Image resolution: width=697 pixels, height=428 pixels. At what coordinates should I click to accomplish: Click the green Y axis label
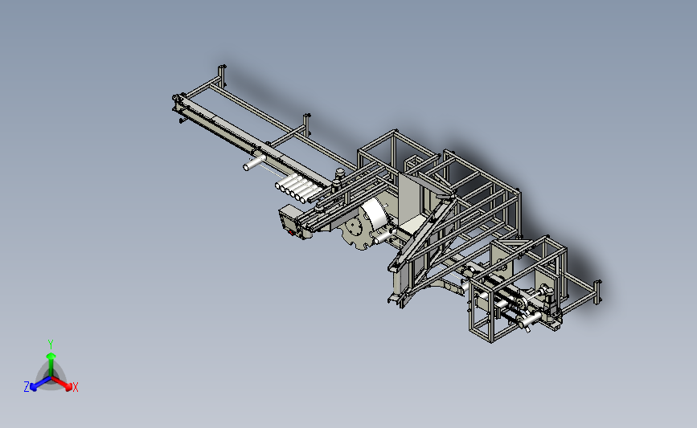50,343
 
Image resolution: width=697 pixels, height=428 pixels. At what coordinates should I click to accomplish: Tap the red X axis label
75,387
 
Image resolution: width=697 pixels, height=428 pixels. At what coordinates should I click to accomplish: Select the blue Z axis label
27,387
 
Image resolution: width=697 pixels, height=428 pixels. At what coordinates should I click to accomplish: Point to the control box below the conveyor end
293,221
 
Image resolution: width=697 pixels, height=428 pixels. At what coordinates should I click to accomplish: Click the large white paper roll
375,218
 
